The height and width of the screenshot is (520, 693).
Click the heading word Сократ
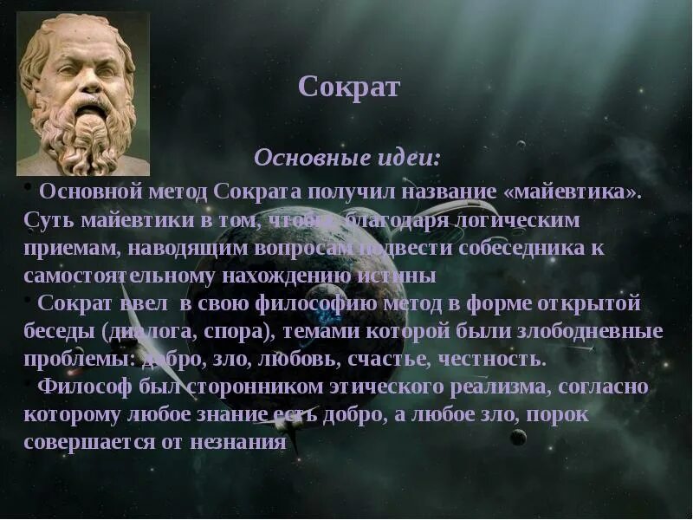pyautogui.click(x=348, y=88)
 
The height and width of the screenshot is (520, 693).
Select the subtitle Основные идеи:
pyautogui.click(x=346, y=159)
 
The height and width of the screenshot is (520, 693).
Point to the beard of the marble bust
pyautogui.click(x=86, y=130)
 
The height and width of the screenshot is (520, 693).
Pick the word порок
pyautogui.click(x=558, y=414)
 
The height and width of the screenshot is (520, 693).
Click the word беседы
pyautogui.click(x=58, y=331)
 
